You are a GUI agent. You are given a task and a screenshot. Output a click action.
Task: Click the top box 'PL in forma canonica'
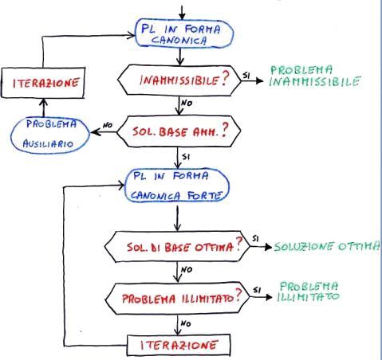pos(184,33)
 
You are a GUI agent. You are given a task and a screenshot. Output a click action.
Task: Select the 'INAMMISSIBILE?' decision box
pos(179,80)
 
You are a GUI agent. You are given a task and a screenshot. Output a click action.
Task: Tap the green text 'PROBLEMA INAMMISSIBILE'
pos(315,76)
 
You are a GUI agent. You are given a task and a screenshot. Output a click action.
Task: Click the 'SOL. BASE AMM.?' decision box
pos(179,131)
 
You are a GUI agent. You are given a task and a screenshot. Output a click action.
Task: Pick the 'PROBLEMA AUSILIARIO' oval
pos(50,135)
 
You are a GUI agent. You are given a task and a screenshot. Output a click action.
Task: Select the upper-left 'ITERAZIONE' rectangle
pos(43,83)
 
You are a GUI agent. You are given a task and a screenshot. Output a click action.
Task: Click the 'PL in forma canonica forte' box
pos(177,186)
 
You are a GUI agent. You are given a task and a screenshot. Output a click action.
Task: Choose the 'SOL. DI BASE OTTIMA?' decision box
pos(177,247)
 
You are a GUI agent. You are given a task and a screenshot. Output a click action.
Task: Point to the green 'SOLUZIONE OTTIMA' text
pos(327,246)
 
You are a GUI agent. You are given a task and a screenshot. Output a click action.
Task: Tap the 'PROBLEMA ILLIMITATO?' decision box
pos(178,299)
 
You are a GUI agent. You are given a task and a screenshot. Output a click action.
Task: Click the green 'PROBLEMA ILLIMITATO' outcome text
pos(309,292)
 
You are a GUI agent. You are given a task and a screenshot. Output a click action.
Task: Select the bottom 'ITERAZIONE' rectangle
pos(179,345)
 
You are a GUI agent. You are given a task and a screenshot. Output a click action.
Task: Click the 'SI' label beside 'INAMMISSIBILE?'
pos(246,76)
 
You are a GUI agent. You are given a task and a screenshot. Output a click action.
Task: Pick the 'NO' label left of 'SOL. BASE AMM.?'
pos(108,125)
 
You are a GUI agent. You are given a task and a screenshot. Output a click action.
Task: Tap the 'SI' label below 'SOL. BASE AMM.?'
pos(186,157)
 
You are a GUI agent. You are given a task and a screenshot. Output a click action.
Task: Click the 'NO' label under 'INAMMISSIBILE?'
pos(187,103)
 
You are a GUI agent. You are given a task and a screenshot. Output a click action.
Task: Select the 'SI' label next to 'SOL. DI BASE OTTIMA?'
pos(255,239)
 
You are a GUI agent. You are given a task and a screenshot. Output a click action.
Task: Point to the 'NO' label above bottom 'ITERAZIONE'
pos(186,323)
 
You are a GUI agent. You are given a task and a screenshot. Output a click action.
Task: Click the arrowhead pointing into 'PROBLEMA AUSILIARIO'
pos(95,132)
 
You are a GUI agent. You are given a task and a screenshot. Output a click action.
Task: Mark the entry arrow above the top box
pos(182,12)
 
